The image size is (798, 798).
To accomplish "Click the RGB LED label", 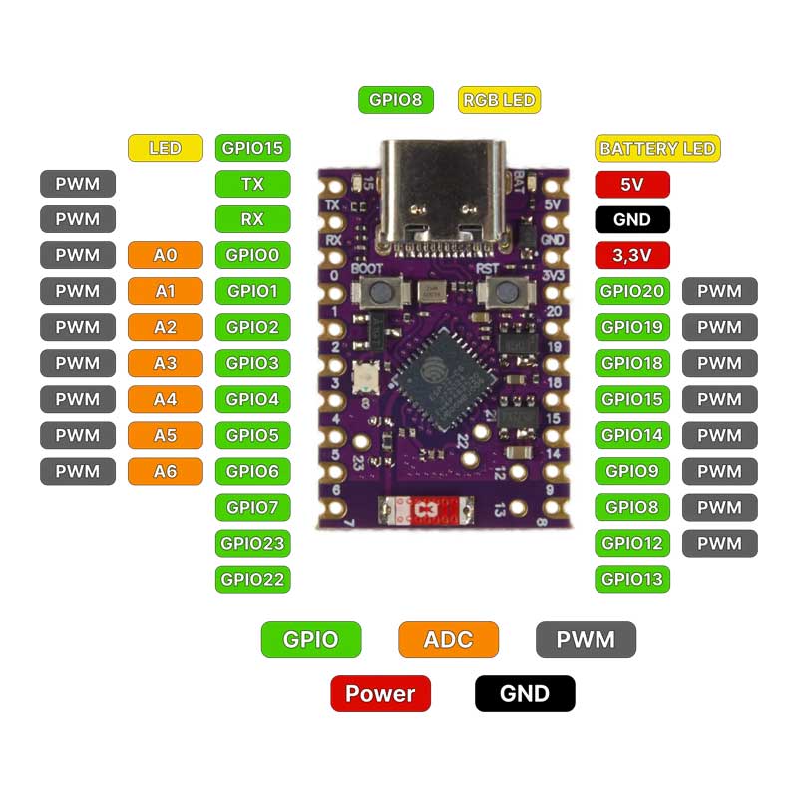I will pyautogui.click(x=499, y=100).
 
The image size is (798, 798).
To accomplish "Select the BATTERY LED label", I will pyautogui.click(x=656, y=149).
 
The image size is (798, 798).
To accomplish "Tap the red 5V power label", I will pyautogui.click(x=631, y=185).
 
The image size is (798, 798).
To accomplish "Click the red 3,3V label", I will pyautogui.click(x=631, y=256).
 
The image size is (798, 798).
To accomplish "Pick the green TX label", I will pyautogui.click(x=252, y=185).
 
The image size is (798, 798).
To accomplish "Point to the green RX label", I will pyautogui.click(x=252, y=219).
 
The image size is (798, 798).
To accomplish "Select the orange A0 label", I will pyautogui.click(x=166, y=256).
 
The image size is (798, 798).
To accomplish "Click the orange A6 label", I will pyautogui.click(x=166, y=471).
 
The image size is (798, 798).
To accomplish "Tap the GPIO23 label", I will pyautogui.click(x=252, y=544).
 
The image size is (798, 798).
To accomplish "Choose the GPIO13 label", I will pyautogui.click(x=631, y=579).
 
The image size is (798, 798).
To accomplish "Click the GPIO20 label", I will pyautogui.click(x=631, y=292).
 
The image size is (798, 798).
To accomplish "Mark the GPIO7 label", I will pyautogui.click(x=252, y=507).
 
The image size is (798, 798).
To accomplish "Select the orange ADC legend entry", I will pyautogui.click(x=448, y=640).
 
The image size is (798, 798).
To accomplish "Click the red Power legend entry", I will pyautogui.click(x=380, y=693).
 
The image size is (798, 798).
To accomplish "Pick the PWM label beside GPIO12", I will pyautogui.click(x=719, y=544).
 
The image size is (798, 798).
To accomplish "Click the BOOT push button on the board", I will pyautogui.click(x=380, y=292).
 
